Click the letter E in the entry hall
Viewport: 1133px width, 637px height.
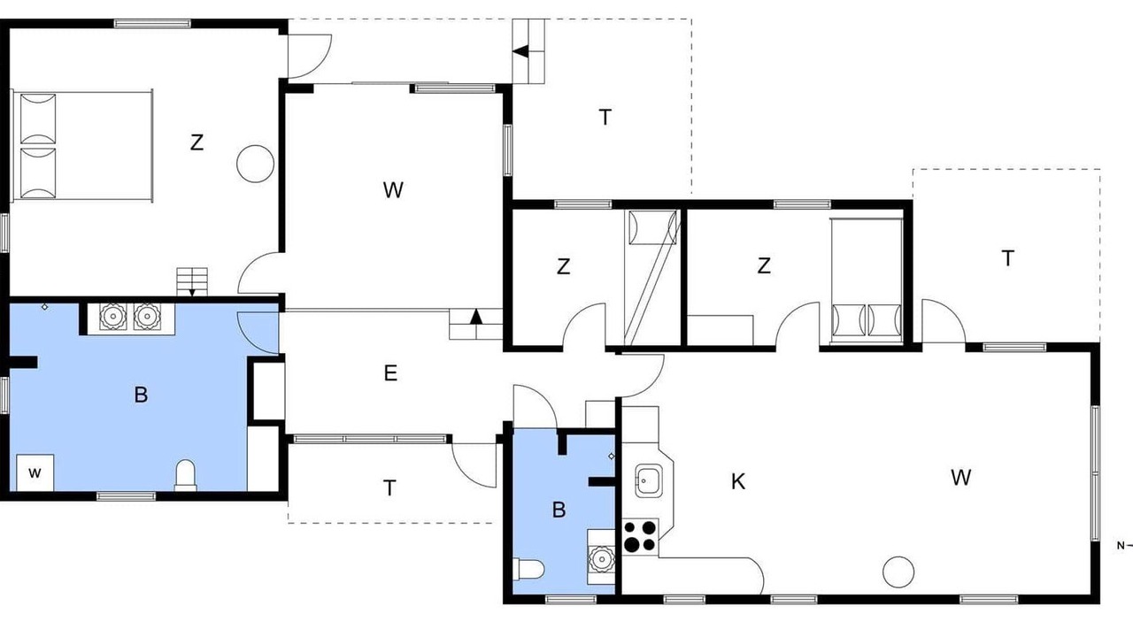[x=390, y=373]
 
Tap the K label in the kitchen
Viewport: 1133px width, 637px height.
[x=738, y=482]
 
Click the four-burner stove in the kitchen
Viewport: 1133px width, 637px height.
[x=640, y=536]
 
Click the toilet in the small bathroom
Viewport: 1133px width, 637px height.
[x=528, y=569]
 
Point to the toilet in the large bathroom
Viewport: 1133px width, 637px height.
[x=185, y=475]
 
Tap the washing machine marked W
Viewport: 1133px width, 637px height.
[x=35, y=472]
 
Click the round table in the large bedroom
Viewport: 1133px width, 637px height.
[x=256, y=164]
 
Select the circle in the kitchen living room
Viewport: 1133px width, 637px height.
[x=898, y=572]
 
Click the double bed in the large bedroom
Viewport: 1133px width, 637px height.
[x=82, y=147]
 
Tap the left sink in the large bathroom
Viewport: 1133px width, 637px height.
[x=112, y=317]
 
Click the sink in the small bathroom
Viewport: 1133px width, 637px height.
[x=601, y=558]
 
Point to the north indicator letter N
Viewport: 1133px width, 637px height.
[x=1121, y=546]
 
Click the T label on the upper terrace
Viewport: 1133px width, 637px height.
[x=605, y=118]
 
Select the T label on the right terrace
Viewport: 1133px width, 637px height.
[x=1008, y=258]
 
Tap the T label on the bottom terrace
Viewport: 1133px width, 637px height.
[x=389, y=488]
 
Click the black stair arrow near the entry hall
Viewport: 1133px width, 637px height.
[x=475, y=317]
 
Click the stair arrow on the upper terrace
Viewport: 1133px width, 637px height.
[x=520, y=51]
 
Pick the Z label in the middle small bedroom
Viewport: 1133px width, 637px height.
[x=564, y=266]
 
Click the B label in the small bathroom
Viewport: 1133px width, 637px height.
[x=559, y=510]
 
